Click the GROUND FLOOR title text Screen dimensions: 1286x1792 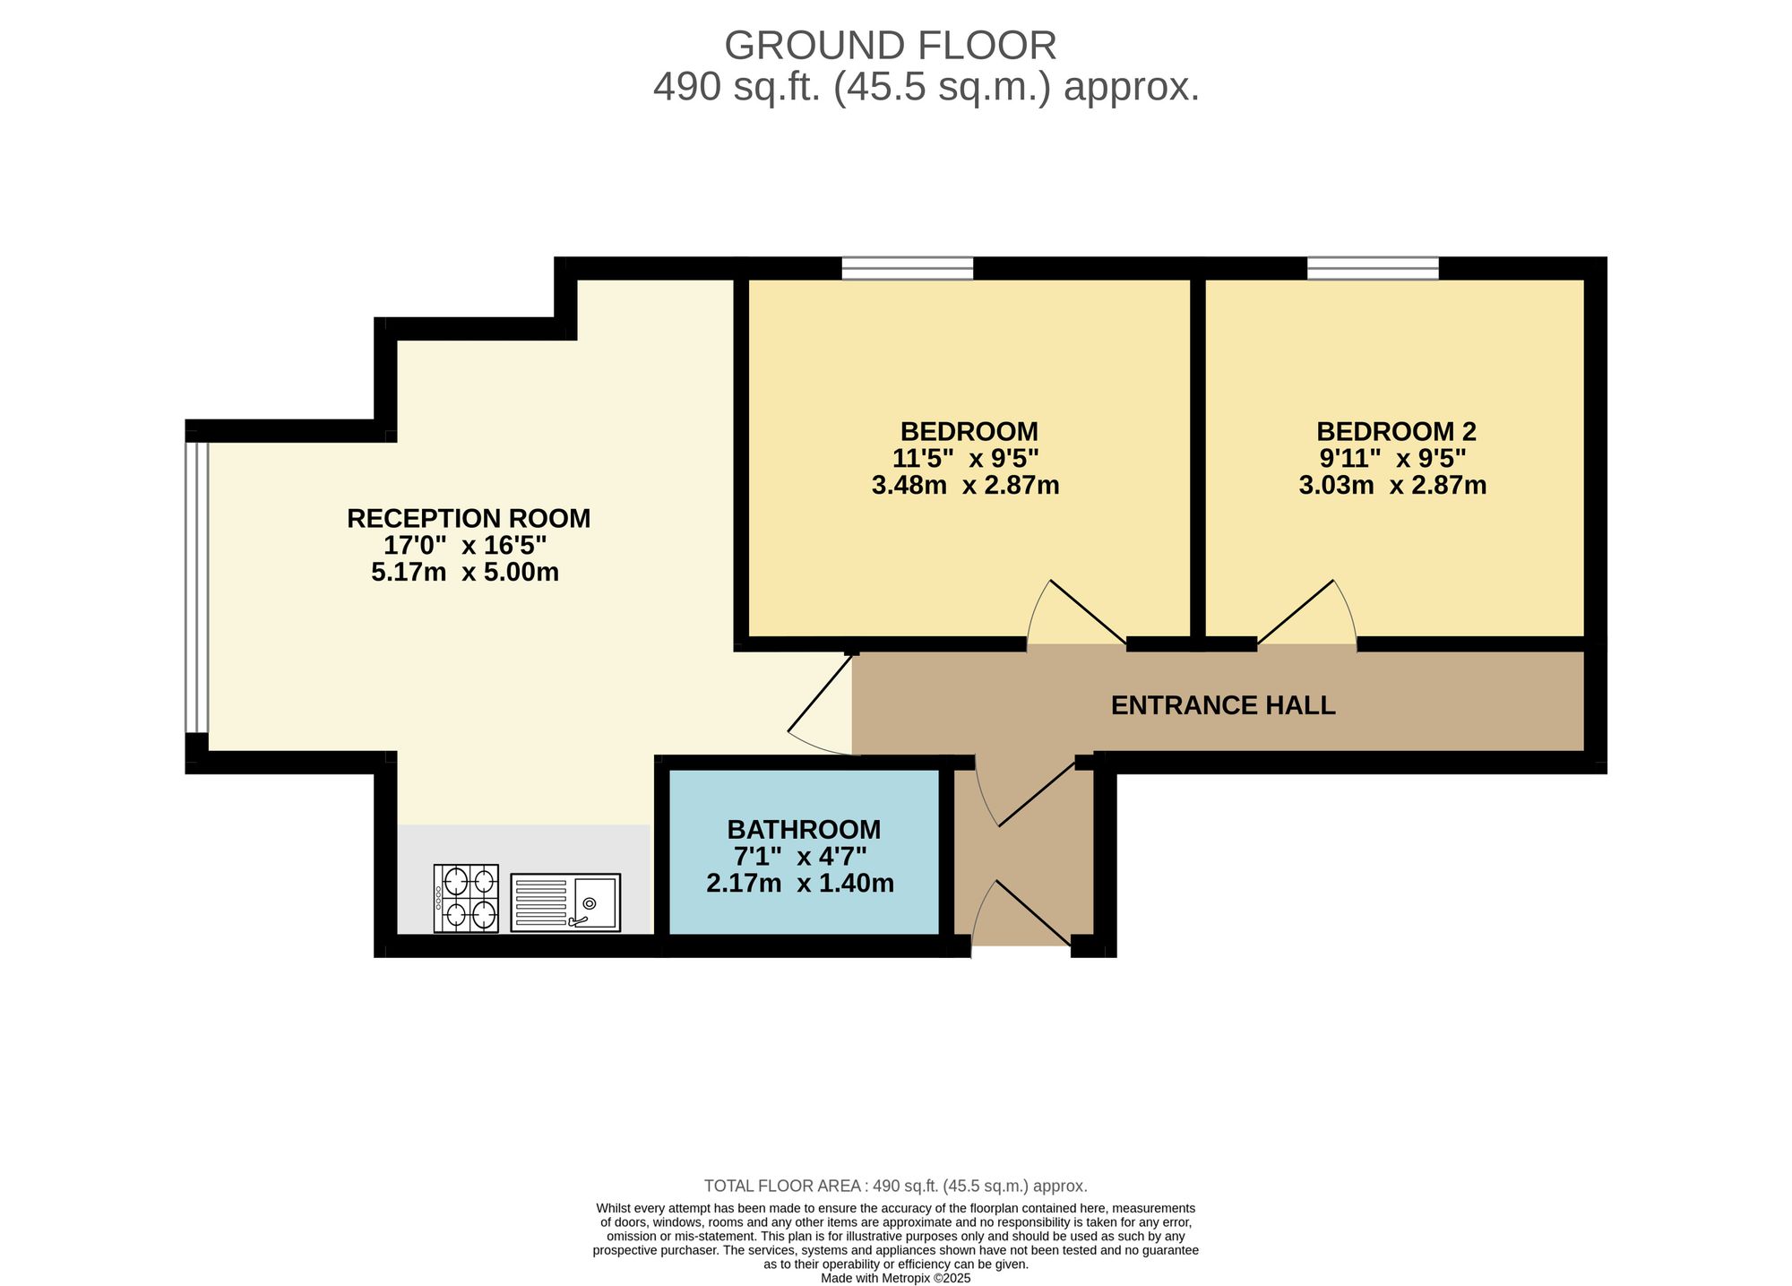890,46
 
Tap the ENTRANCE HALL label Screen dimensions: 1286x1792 1222,705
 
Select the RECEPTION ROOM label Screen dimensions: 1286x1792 469,518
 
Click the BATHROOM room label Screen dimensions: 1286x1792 804,829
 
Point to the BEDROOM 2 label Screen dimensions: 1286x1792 1395,431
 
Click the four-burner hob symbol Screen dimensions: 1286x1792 466,898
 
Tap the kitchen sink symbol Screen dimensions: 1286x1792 565,902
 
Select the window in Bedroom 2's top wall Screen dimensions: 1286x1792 1373,268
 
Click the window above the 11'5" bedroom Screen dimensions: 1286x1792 907,268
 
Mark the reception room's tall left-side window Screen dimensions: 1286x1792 196,587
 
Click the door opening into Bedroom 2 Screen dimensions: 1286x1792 1306,615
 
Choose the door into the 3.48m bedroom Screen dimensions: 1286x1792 1078,615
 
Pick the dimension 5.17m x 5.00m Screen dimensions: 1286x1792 464,572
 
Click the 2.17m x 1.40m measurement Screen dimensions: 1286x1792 800,884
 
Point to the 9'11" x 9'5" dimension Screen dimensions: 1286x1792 1392,458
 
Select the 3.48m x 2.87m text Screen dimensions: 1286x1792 965,486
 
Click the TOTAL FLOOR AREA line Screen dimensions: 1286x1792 895,1186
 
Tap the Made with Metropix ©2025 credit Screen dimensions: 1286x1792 895,1278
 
